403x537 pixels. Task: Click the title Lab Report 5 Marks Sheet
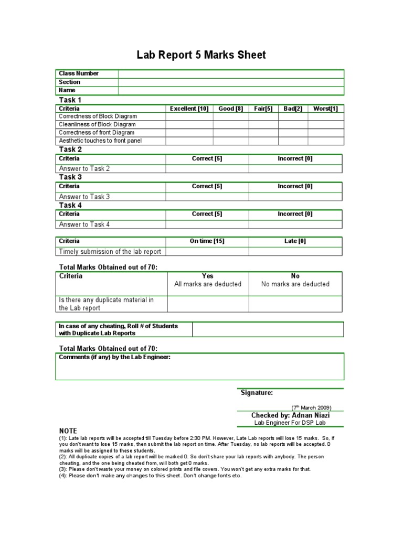(x=201, y=55)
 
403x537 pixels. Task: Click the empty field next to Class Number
(x=231, y=73)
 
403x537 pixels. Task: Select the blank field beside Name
(x=231, y=90)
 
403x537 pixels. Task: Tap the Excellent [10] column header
(x=189, y=109)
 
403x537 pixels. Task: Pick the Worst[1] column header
(x=325, y=109)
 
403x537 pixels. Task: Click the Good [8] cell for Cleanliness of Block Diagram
(x=231, y=125)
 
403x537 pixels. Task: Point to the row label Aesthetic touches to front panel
(x=100, y=141)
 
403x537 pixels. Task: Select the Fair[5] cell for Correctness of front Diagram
(x=263, y=133)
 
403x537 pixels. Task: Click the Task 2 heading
(x=70, y=149)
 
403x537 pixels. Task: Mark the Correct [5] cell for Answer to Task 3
(x=207, y=197)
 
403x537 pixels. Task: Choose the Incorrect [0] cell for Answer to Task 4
(x=295, y=224)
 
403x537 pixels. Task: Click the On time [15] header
(x=207, y=241)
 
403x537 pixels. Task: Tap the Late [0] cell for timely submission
(x=295, y=251)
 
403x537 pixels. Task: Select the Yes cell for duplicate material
(x=207, y=304)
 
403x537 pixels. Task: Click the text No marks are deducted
(x=295, y=284)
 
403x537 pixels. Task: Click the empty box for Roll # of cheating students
(x=268, y=329)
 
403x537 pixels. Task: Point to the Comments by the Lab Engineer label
(x=114, y=357)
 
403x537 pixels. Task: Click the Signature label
(x=257, y=392)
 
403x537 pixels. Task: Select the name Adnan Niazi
(x=310, y=415)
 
